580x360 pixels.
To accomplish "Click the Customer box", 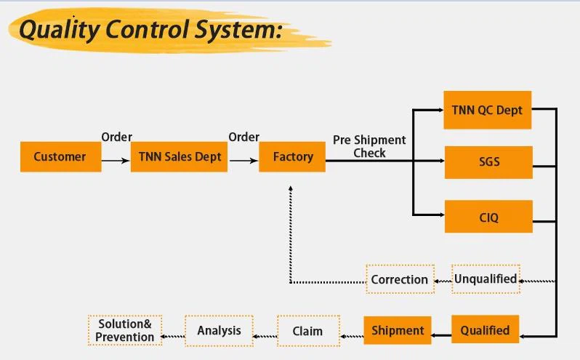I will click(x=60, y=156).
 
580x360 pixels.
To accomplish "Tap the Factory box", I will click(x=292, y=156).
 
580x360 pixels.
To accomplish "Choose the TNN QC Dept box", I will click(x=487, y=110).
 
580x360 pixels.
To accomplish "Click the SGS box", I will click(x=488, y=161).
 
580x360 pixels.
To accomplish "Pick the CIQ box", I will click(x=488, y=216).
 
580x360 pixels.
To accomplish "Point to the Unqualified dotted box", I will click(x=486, y=279).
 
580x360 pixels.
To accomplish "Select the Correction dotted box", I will click(x=399, y=279).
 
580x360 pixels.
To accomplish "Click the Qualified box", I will click(x=485, y=330).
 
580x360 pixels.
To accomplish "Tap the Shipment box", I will click(x=398, y=330).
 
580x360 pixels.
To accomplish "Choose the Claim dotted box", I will click(x=307, y=331).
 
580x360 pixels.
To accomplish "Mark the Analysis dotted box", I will click(x=219, y=330).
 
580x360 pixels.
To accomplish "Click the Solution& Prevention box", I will click(x=125, y=330).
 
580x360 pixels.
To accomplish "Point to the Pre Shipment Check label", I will click(x=369, y=146).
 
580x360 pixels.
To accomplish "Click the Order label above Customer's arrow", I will click(x=116, y=137).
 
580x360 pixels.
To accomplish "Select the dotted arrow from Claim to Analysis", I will click(x=265, y=335).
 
